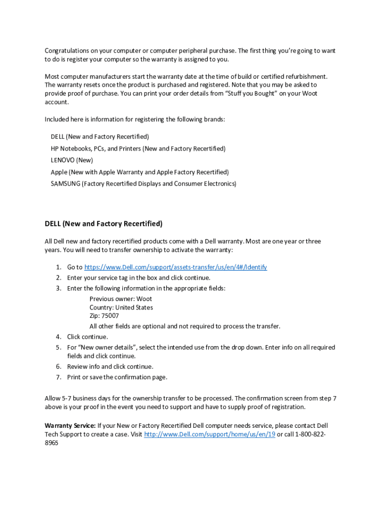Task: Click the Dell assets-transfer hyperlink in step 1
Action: pyautogui.click(x=176, y=267)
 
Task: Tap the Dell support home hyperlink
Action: pyautogui.click(x=209, y=435)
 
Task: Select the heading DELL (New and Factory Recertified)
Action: pyautogui.click(x=103, y=224)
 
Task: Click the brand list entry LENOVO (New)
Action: pyautogui.click(x=72, y=160)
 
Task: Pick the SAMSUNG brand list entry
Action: pyautogui.click(x=143, y=184)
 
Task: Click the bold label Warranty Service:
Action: pyautogui.click(x=70, y=426)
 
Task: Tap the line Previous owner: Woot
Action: pyautogui.click(x=121, y=299)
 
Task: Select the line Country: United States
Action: pyautogui.click(x=121, y=307)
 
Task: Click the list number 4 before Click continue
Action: pyautogui.click(x=58, y=337)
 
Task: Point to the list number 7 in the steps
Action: pyautogui.click(x=58, y=377)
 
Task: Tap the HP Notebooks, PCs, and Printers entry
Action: pyautogui.click(x=138, y=149)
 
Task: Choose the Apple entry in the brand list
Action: pyautogui.click(x=140, y=172)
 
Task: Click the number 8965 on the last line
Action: pyautogui.click(x=51, y=444)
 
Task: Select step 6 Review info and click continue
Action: pyautogui.click(x=110, y=367)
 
